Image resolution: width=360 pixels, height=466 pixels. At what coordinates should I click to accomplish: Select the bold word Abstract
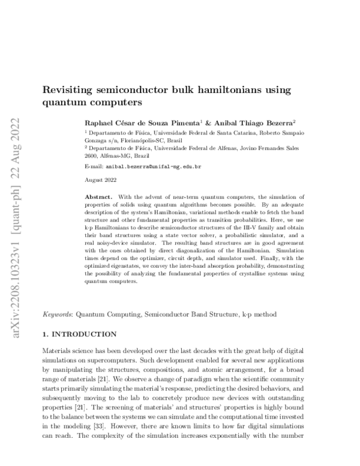98,197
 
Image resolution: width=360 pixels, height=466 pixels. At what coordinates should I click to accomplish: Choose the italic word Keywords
57,313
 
